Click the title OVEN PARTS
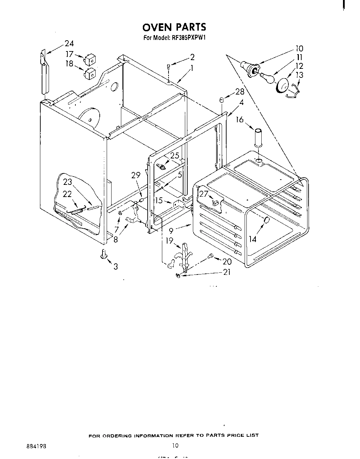tap(174, 27)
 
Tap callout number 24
tap(69, 43)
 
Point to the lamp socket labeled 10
tap(250, 68)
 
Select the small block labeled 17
tap(90, 60)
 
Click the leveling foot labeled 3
tap(103, 255)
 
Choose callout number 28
tap(240, 92)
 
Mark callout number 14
tap(253, 239)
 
